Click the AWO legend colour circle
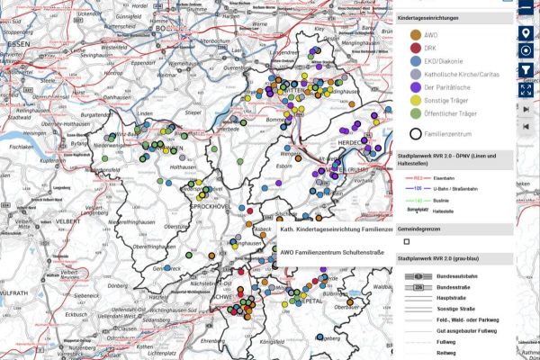(x=416, y=35)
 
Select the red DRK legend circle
(x=416, y=48)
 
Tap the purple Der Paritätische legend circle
(x=416, y=87)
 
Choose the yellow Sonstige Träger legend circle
(x=416, y=101)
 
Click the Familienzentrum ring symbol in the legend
(x=416, y=133)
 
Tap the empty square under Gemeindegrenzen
(x=407, y=241)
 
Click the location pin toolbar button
(x=526, y=33)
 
